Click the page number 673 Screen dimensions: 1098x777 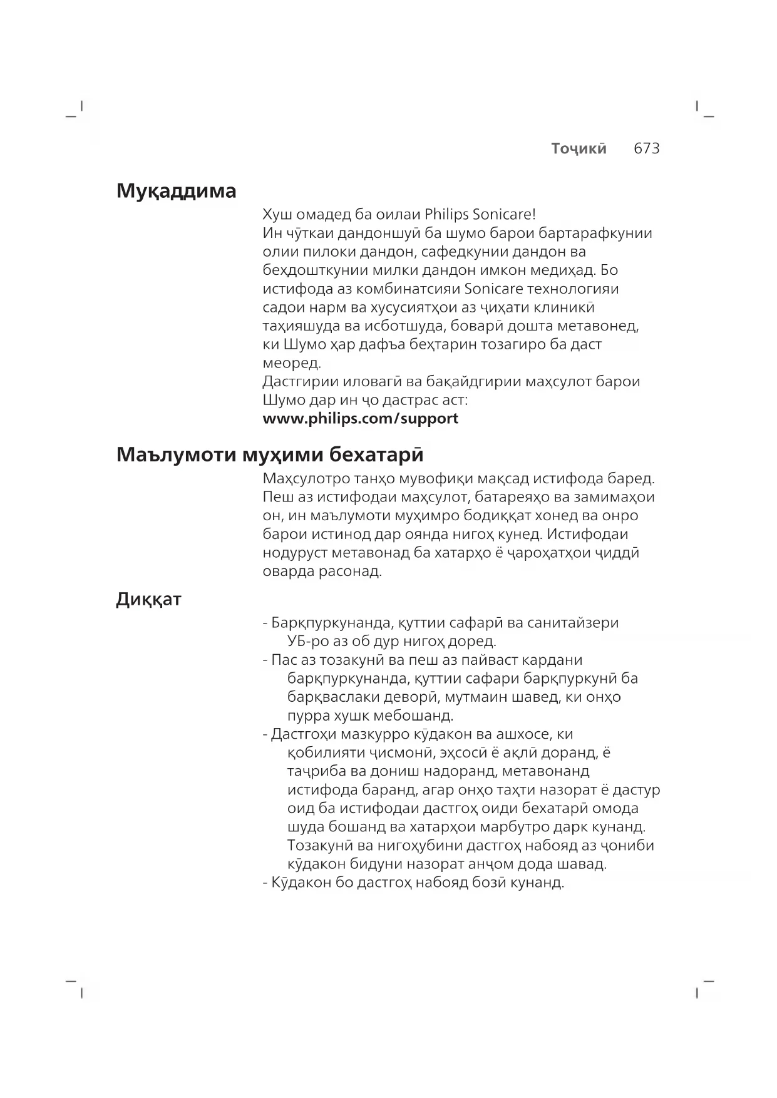646,148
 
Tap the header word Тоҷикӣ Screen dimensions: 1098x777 579,148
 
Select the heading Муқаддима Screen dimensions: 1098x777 176,190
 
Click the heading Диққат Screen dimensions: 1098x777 148,599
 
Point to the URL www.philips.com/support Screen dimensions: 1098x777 360,418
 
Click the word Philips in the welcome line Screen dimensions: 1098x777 446,214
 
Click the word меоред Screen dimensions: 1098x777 291,363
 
